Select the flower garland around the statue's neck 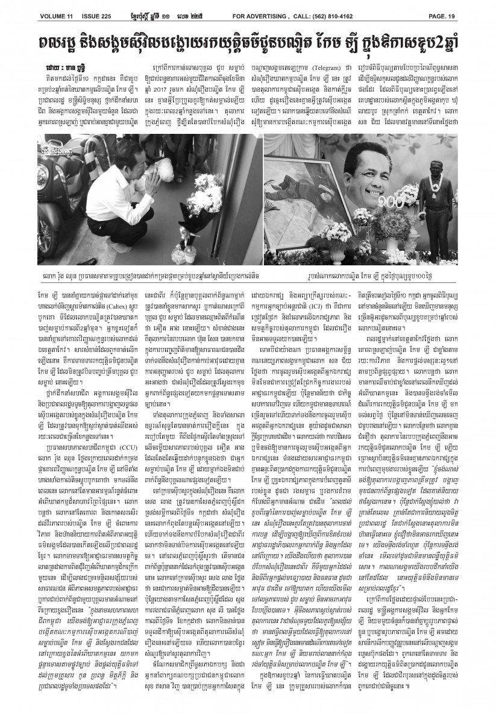point(436,184)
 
